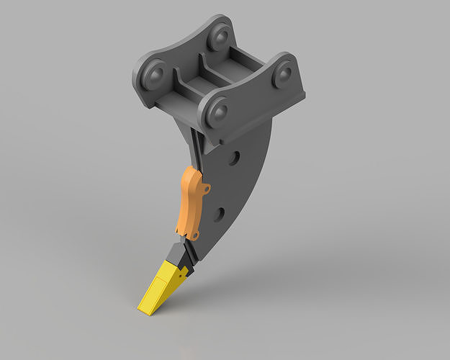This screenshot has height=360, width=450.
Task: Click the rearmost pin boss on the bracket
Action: pyautogui.click(x=220, y=35)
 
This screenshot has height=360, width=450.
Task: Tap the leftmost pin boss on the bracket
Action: pyautogui.click(x=154, y=73)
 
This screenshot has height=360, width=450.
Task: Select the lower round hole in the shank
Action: pyautogui.click(x=219, y=214)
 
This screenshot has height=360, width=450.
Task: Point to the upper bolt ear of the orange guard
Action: pyautogui.click(x=206, y=189)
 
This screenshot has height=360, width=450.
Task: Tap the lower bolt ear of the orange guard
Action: pyautogui.click(x=194, y=235)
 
